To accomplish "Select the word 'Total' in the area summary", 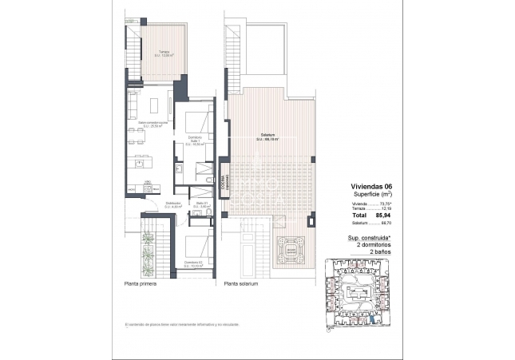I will coord(360,216).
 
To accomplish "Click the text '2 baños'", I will coord(378,251).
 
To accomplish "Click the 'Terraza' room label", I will coord(163,53).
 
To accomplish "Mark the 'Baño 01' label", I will coord(203,204).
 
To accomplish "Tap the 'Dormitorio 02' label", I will coord(192,263).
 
